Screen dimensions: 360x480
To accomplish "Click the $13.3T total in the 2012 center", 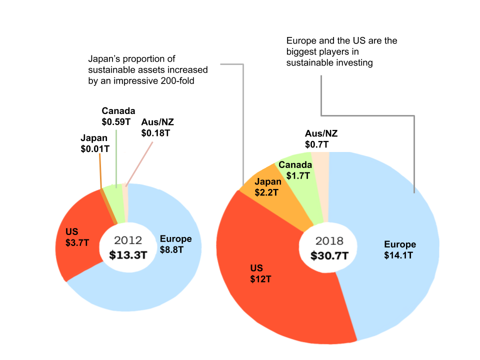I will (x=128, y=254).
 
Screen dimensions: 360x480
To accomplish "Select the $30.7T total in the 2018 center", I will (x=329, y=255).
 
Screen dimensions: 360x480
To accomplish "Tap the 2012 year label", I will (x=128, y=240).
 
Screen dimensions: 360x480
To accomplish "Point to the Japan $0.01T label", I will (x=95, y=143).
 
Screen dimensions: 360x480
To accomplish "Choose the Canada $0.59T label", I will (x=118, y=116).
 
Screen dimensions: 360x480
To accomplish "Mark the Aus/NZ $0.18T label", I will (x=157, y=127).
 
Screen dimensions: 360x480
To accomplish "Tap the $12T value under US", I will (x=260, y=279).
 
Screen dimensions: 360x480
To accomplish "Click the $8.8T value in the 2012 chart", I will (x=171, y=249).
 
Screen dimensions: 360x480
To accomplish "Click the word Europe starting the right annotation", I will (x=300, y=40).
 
